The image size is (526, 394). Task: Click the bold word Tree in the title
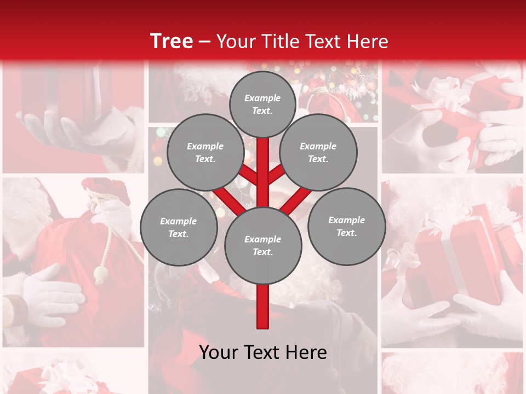click(171, 41)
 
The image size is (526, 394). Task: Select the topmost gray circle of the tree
click(262, 103)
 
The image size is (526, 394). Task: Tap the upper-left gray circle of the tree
click(205, 152)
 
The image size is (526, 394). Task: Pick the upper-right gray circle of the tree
click(318, 152)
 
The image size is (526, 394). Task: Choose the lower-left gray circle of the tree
click(179, 227)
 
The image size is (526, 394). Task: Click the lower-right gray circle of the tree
click(346, 226)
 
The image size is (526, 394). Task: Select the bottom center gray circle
click(263, 245)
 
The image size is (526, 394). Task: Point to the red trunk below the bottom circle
click(263, 306)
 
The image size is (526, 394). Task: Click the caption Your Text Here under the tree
click(263, 352)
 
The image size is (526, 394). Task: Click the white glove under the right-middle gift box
click(482, 312)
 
